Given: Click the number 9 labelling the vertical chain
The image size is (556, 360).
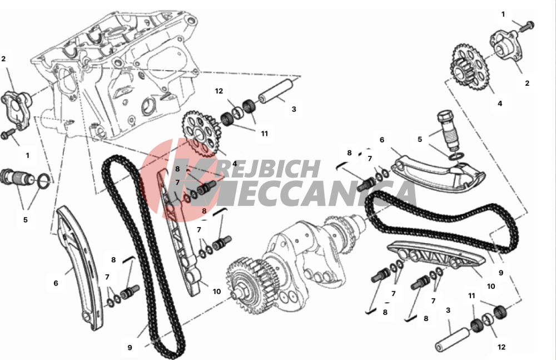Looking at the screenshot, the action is click(130, 348).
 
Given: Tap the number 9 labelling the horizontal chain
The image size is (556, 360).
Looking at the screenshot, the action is click(501, 273).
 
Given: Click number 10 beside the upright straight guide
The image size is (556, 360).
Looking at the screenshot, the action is click(217, 292).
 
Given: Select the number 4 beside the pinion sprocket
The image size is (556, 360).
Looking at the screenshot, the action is click(500, 103).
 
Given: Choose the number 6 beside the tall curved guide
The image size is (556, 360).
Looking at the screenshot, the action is click(56, 283).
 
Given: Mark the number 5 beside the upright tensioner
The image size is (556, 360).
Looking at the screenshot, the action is click(420, 139).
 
